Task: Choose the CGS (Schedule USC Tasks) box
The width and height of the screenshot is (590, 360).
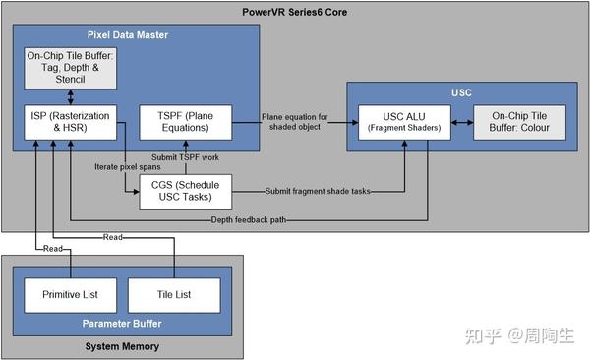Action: (187, 190)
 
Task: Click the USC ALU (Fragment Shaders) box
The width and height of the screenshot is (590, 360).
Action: (404, 121)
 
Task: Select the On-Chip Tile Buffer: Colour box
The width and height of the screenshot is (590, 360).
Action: (519, 121)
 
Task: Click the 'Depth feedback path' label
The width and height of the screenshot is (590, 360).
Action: (249, 219)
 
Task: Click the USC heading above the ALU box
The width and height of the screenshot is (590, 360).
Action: (462, 92)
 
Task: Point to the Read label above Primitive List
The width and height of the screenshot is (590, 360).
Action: (54, 249)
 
